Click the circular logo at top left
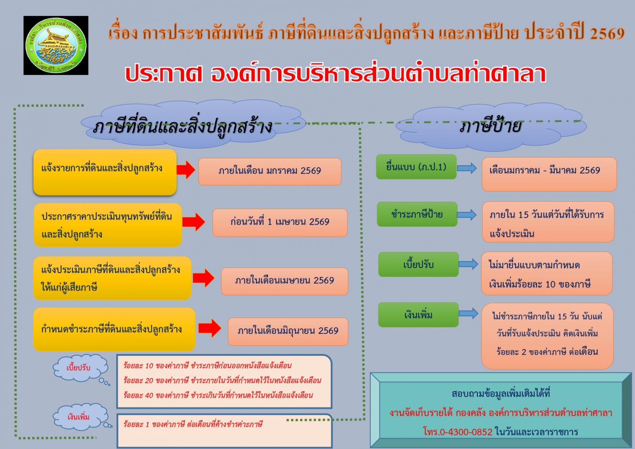56,45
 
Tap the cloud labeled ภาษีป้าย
491,127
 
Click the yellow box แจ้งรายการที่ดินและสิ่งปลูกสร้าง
105,172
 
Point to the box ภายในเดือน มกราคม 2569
269,171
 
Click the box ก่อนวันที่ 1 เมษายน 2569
280,222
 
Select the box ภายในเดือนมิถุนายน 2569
288,331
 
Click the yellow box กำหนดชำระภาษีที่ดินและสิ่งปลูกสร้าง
114,329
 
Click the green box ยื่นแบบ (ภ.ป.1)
416,167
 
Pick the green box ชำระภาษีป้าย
417,214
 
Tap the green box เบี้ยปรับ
418,264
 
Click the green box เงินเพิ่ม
418,315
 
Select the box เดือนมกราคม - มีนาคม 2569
549,173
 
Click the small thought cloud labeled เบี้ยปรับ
79,368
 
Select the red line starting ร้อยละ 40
218,395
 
